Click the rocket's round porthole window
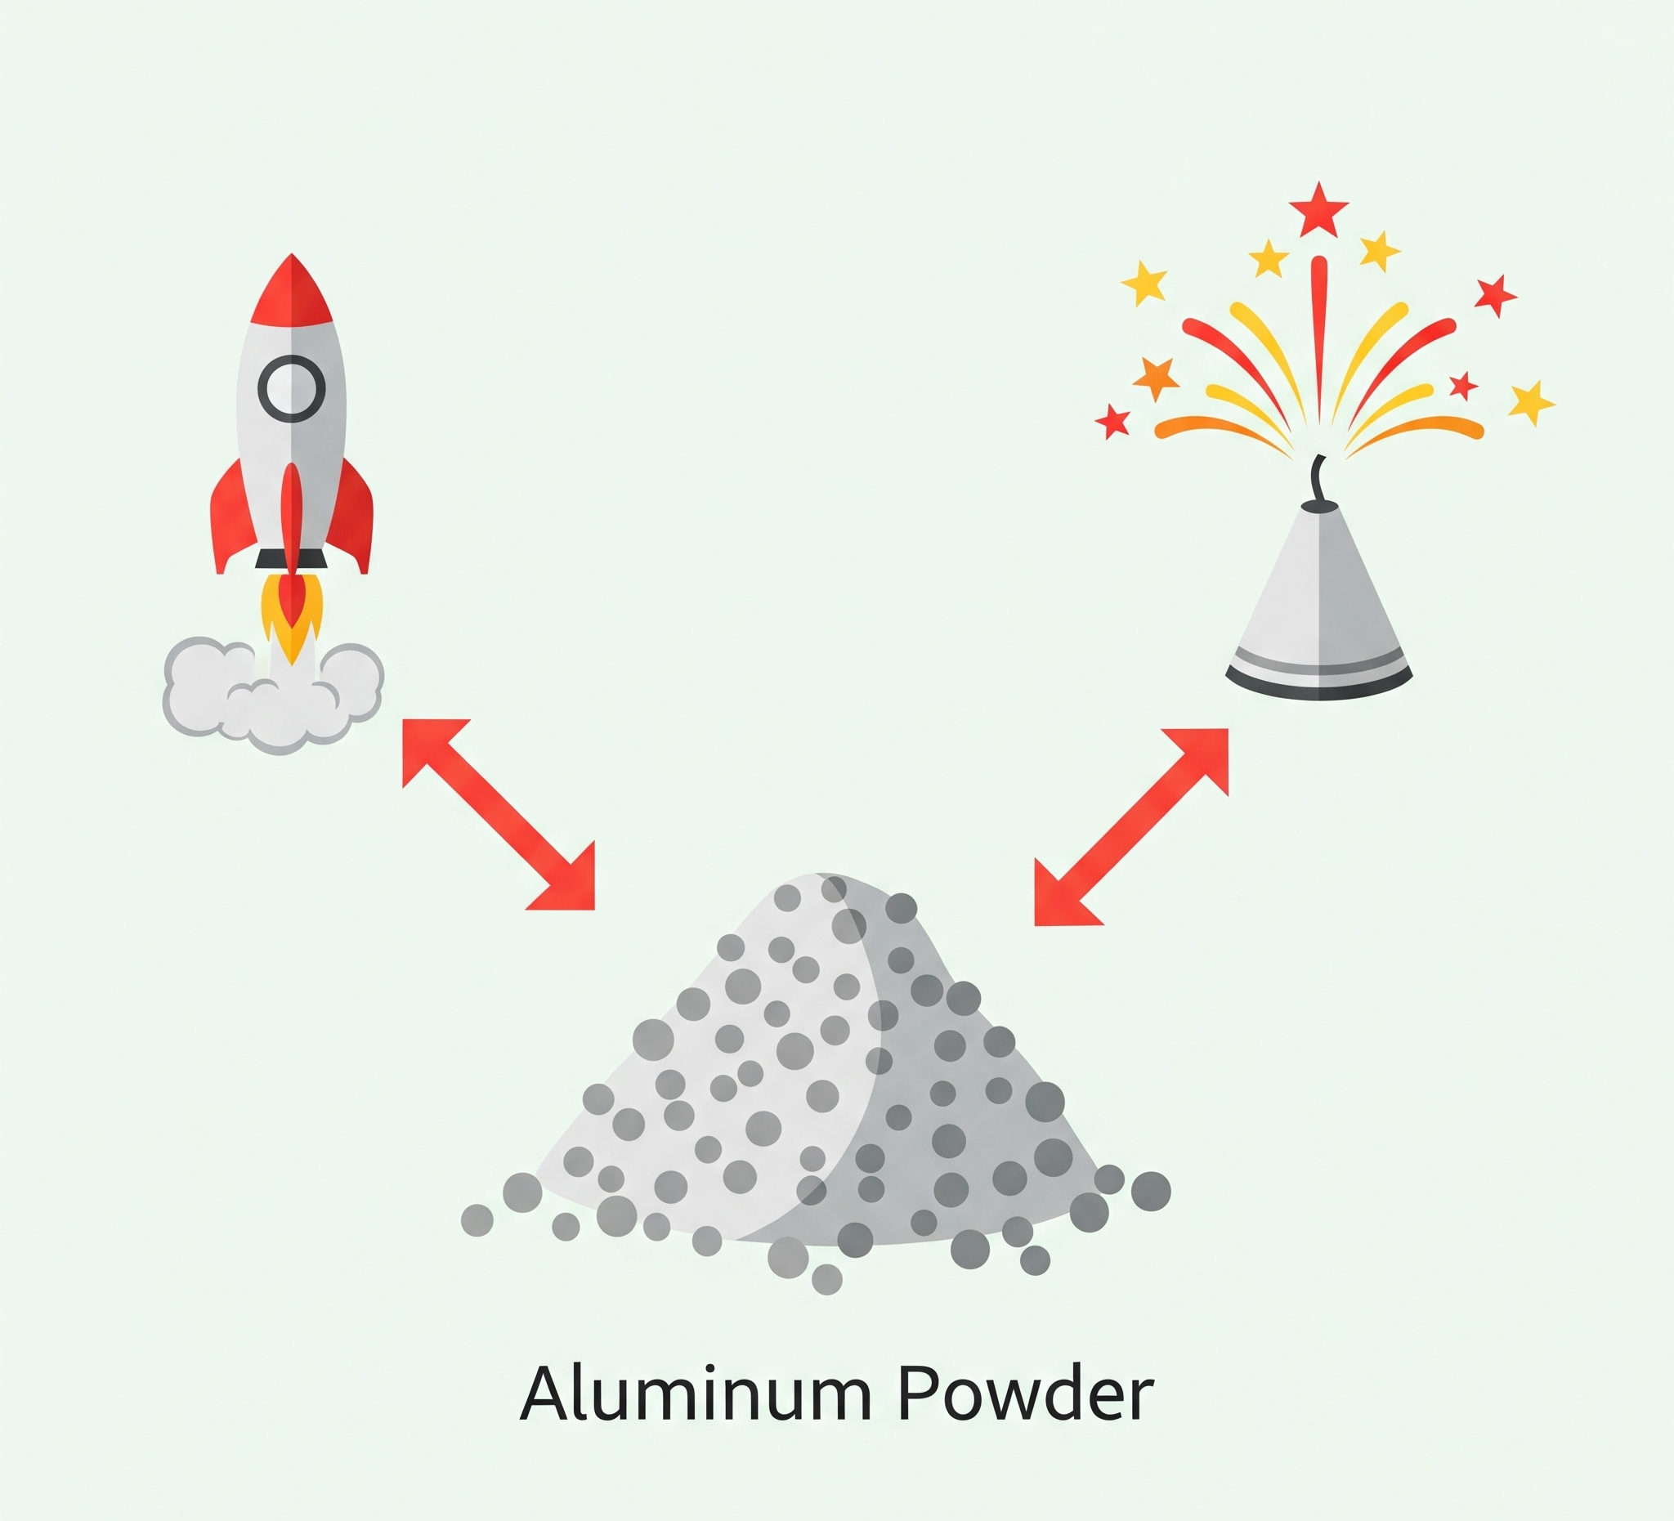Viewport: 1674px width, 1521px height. [291, 387]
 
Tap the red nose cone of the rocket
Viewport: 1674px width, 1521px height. [292, 295]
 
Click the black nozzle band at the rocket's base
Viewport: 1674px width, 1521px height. [291, 558]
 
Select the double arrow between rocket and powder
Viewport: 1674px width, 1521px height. [499, 815]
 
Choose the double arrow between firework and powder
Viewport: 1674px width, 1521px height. [1131, 827]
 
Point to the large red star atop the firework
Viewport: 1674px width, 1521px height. [1318, 209]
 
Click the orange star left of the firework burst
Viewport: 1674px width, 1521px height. [1156, 377]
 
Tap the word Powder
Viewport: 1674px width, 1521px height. [1025, 1393]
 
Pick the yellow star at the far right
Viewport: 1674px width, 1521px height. [1529, 402]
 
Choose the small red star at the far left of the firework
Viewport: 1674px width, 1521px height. [1112, 421]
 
